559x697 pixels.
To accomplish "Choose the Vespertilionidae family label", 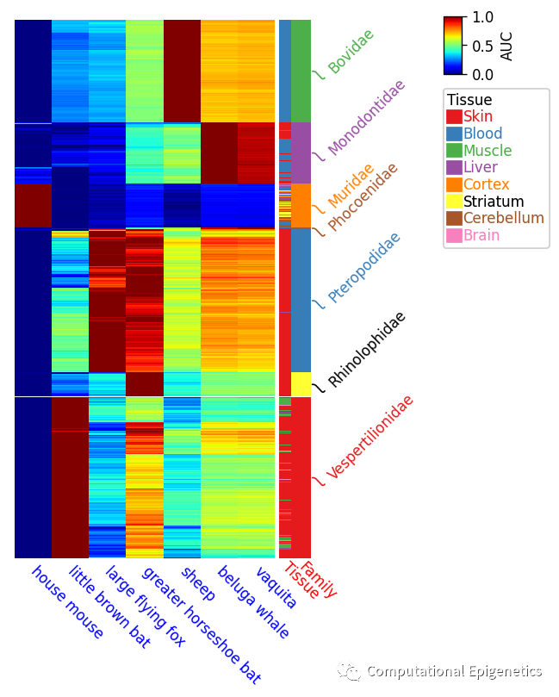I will pos(370,436).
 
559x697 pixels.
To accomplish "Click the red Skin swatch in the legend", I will pos(454,116).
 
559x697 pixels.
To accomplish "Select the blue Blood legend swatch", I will pos(454,134).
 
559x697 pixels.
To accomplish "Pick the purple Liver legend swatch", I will pos(454,167).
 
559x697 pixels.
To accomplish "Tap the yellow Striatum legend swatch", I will pos(454,201).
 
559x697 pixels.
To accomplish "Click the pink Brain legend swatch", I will pos(454,235).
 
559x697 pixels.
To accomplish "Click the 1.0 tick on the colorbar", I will pos(482,17).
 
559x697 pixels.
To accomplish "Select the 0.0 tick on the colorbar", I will pos(482,74).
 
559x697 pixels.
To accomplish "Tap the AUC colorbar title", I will pos(506,46).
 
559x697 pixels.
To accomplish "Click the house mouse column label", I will pos(67,602).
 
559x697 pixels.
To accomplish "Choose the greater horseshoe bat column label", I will pos(201,624).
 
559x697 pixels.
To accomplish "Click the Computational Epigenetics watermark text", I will pos(454,671).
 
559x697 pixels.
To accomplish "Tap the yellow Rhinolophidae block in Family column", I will pos(301,383).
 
